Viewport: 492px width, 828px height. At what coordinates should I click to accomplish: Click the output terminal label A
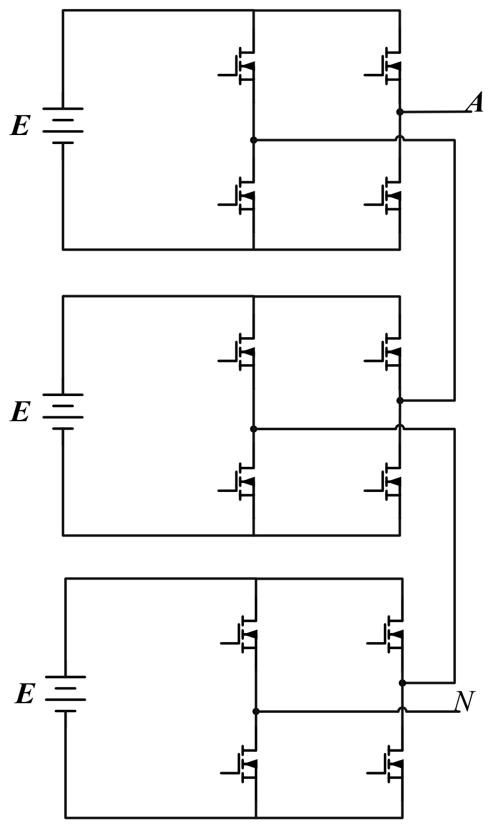[x=475, y=102]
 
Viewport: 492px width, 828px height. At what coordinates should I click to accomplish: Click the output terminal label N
[x=464, y=701]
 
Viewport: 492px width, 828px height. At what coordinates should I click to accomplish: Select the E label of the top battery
[x=20, y=125]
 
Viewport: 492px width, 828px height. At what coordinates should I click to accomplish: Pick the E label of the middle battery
[x=20, y=412]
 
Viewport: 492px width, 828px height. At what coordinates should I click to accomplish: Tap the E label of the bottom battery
[x=25, y=694]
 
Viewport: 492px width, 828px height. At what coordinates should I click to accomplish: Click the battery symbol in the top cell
[x=63, y=125]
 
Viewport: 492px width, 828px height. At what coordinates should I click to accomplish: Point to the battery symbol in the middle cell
[x=63, y=412]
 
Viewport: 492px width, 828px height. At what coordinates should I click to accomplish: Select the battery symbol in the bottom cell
[x=65, y=694]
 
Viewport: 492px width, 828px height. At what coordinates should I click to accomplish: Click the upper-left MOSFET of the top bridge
[x=237, y=66]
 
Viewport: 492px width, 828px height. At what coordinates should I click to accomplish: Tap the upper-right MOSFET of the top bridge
[x=383, y=66]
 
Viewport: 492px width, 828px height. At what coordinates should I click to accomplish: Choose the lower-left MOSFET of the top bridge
[x=237, y=196]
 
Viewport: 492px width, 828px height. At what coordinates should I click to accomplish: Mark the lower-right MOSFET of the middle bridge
[x=383, y=481]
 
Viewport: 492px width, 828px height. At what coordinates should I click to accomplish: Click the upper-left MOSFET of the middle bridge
[x=237, y=352]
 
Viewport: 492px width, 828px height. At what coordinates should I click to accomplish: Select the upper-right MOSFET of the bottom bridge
[x=386, y=634]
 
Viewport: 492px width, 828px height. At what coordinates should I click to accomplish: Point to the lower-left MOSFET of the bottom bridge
[x=240, y=764]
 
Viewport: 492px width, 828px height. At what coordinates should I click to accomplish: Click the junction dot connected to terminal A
[x=400, y=112]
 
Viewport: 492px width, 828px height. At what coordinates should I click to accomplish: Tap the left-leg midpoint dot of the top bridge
[x=254, y=140]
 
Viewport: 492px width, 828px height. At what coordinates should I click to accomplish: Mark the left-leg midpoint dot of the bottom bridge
[x=256, y=712]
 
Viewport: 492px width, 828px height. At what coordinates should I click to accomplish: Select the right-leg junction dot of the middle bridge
[x=400, y=400]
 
